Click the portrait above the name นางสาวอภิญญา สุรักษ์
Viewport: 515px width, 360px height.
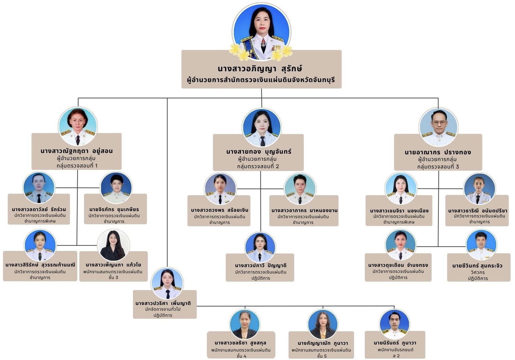[262, 32]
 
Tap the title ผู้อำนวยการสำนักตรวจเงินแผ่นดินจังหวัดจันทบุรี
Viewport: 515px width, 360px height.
[261, 80]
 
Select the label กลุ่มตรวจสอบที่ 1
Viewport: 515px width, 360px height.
[77, 165]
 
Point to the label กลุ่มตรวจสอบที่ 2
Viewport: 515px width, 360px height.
[258, 166]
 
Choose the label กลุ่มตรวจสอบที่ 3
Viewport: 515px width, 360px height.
[438, 166]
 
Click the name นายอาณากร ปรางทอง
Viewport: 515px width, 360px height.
[438, 152]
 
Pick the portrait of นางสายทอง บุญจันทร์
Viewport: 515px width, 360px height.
[262, 127]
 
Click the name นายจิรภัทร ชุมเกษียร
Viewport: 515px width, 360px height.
[114, 209]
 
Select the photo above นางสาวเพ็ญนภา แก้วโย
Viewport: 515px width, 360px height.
[113, 245]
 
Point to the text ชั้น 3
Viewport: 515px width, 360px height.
[113, 277]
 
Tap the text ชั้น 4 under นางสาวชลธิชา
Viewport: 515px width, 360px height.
[241, 356]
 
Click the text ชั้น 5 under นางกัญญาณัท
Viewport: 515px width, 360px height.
[322, 356]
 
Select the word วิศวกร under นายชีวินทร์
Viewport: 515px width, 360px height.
[478, 272]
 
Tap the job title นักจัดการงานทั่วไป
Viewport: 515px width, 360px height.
[163, 309]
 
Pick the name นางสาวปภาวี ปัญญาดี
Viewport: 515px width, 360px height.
[261, 265]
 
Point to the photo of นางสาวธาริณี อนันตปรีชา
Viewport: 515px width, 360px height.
[479, 189]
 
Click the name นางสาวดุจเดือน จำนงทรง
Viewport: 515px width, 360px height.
[398, 265]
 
